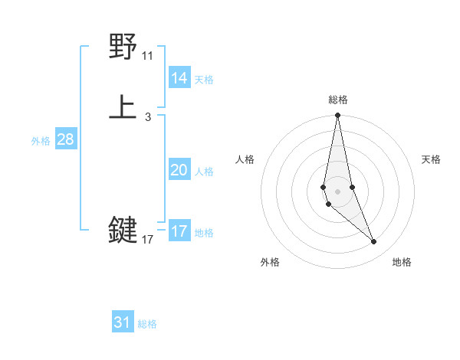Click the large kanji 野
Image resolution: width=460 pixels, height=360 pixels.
pos(123,47)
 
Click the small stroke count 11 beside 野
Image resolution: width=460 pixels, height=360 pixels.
pos(147,56)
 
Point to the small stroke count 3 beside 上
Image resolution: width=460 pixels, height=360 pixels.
pos(147,117)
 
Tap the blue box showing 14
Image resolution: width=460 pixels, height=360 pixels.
pos(179,78)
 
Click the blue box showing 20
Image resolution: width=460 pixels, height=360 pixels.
pos(179,170)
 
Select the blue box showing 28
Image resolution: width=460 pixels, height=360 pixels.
pos(65,139)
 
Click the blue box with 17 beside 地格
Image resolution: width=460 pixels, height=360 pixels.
pos(179,231)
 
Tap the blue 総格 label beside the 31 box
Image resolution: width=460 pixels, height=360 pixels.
pos(147,324)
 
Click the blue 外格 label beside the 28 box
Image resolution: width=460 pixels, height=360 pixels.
pos(41,141)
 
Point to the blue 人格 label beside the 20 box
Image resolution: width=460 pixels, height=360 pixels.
pos(204,172)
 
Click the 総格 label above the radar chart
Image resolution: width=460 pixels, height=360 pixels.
pos(338,100)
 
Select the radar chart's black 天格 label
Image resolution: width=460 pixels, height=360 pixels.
pos(431,159)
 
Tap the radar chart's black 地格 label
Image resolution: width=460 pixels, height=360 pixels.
pos(402,262)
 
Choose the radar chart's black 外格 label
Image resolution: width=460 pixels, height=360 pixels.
pos(270,262)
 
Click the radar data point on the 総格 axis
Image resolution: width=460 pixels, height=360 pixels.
pos(337,116)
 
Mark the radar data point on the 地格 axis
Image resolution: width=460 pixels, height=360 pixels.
pos(374,242)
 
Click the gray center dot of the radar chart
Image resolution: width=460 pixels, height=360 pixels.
pos(337,191)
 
